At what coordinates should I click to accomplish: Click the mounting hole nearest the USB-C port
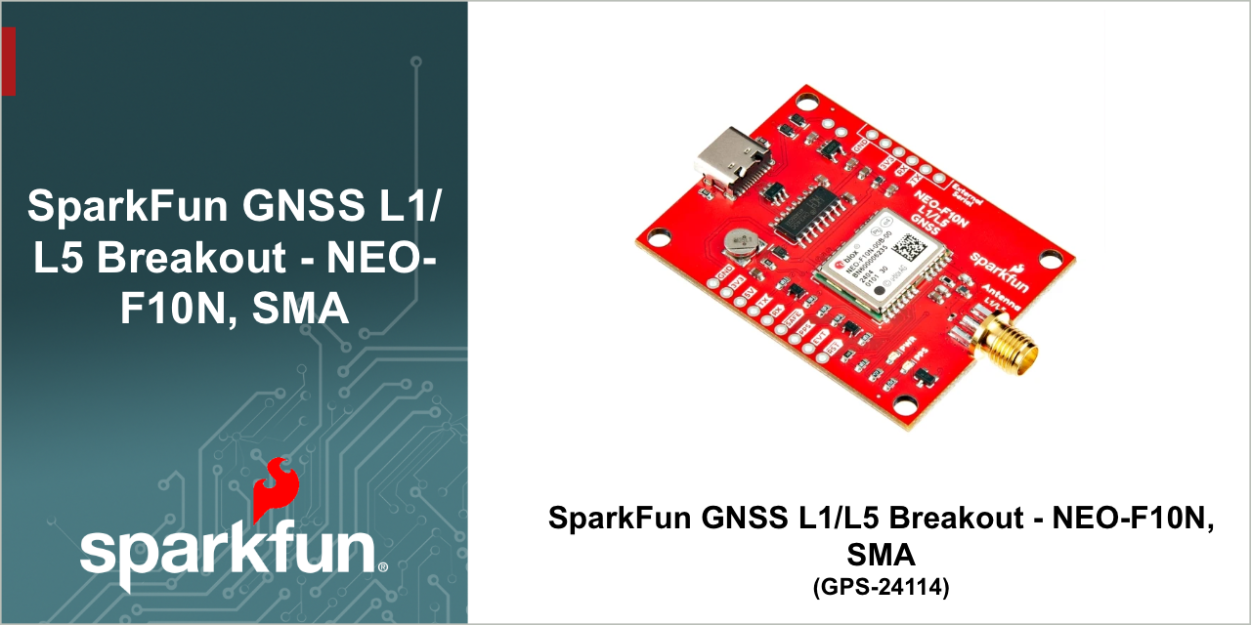(807, 101)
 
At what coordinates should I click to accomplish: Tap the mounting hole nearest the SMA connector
(1051, 259)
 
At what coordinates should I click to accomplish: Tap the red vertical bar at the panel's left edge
(8, 61)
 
